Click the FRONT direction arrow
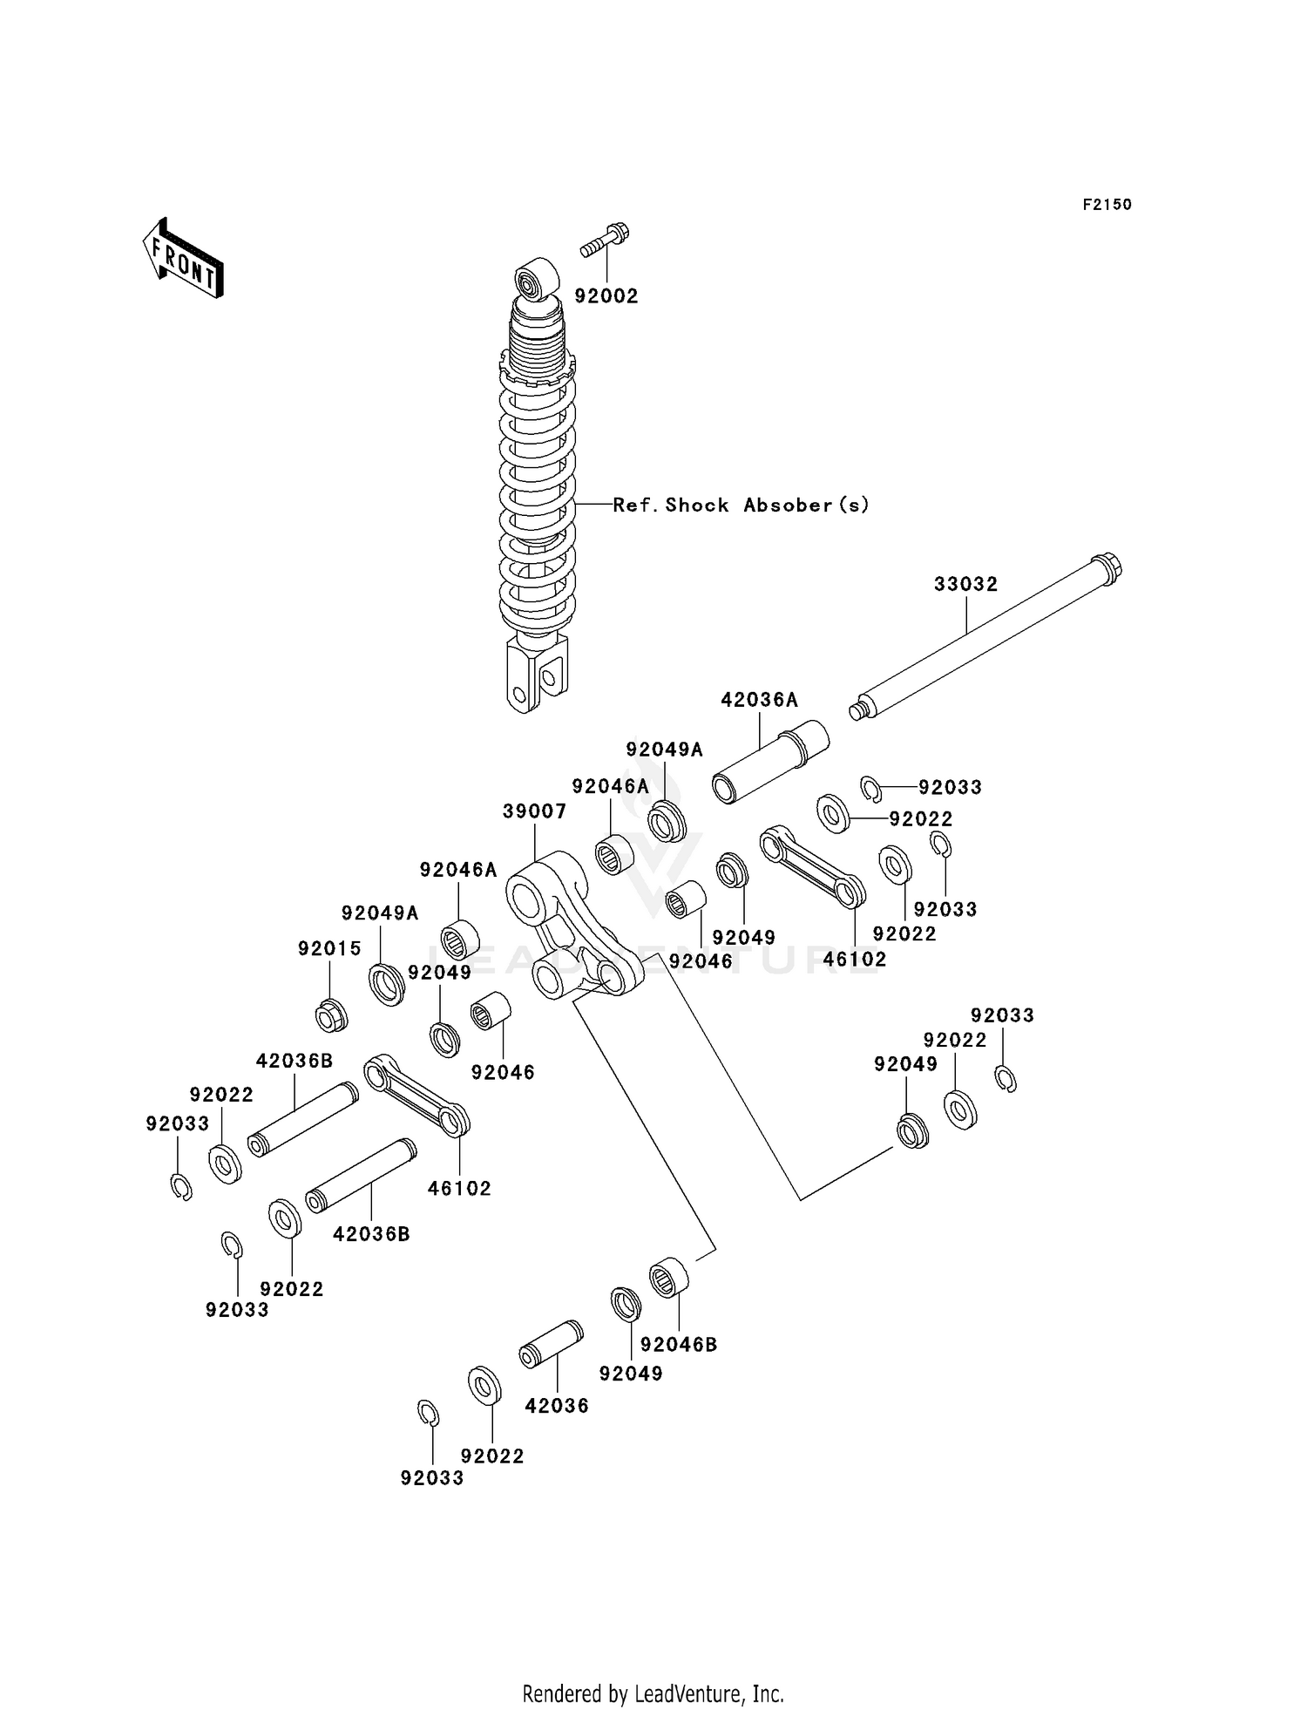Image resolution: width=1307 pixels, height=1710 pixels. [183, 258]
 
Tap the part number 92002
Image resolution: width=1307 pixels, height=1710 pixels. [606, 296]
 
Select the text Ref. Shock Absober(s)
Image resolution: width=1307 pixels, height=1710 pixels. [741, 505]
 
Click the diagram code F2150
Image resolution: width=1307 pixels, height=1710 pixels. [1107, 205]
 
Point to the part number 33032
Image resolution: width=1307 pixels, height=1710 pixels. [965, 584]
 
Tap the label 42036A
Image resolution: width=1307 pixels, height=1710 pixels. [759, 700]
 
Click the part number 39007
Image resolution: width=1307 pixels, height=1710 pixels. [534, 811]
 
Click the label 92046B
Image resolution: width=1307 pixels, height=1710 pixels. [679, 1345]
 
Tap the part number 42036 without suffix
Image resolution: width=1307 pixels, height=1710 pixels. [557, 1406]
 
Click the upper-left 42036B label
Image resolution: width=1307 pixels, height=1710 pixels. [295, 1061]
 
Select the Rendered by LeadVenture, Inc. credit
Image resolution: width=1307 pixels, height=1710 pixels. [653, 1693]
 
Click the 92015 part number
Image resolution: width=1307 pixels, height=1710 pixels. [329, 948]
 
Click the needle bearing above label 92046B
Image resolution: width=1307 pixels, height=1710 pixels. [669, 1277]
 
